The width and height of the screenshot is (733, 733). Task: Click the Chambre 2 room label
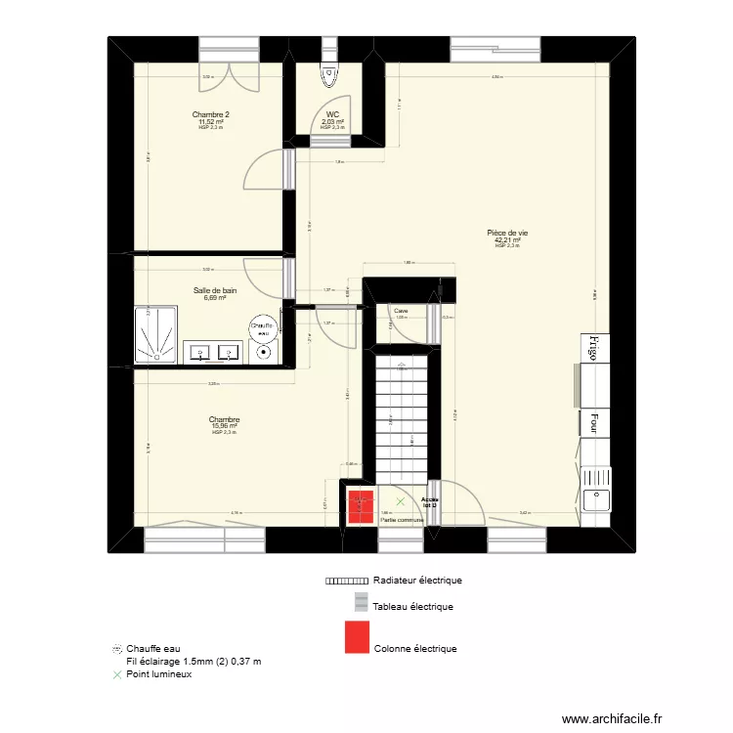pyautogui.click(x=210, y=114)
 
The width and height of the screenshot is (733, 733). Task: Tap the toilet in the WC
pyautogui.click(x=327, y=74)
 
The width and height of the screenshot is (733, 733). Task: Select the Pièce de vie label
pyautogui.click(x=507, y=233)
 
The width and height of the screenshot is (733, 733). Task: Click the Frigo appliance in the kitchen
pyautogui.click(x=591, y=346)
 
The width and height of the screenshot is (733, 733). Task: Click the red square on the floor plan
pyautogui.click(x=359, y=505)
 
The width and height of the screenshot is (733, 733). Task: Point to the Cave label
pyautogui.click(x=401, y=313)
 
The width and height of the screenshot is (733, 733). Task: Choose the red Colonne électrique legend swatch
pyautogui.click(x=356, y=638)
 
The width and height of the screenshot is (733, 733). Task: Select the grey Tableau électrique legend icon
pyautogui.click(x=361, y=604)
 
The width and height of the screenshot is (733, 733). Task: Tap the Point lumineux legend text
pyautogui.click(x=158, y=673)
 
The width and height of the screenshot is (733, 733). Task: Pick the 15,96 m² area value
pyautogui.click(x=224, y=426)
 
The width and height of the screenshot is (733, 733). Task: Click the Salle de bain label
pyautogui.click(x=215, y=290)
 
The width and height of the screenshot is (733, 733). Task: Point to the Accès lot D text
pyautogui.click(x=430, y=501)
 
